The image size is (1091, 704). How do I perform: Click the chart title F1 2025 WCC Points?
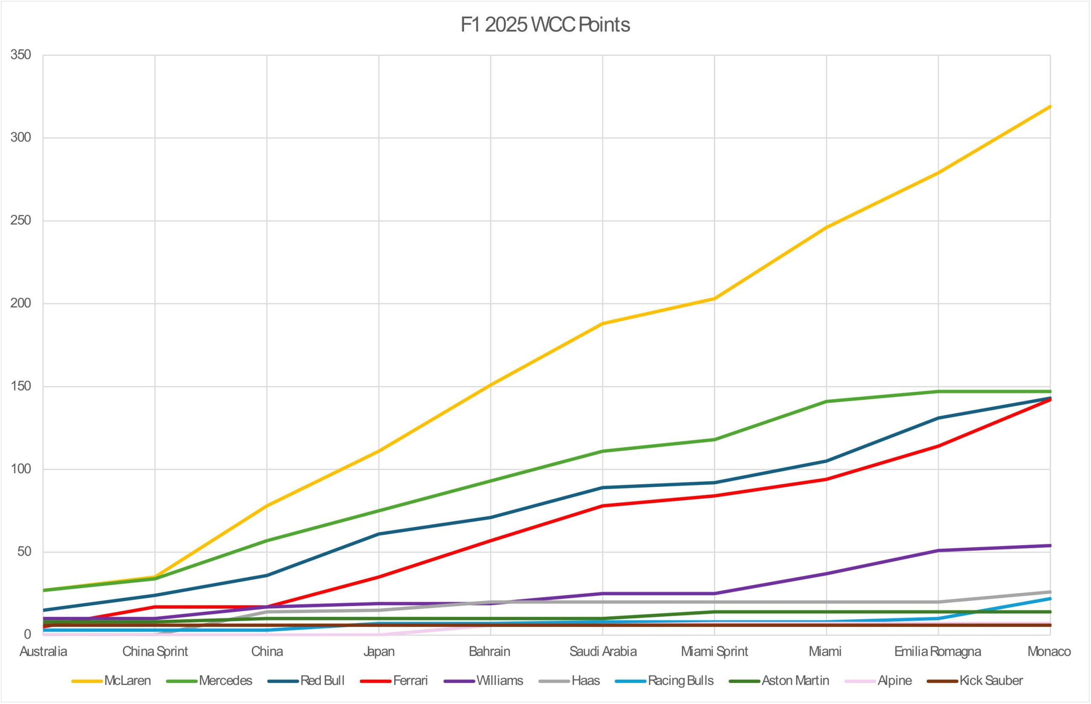click(x=545, y=25)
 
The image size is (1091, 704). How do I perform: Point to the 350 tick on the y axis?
click(x=20, y=55)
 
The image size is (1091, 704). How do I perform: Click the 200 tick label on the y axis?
click(x=20, y=304)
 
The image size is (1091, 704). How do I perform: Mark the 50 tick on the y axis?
click(x=24, y=552)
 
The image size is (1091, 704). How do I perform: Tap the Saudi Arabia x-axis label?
click(x=603, y=652)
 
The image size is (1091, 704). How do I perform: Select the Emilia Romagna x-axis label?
click(x=938, y=652)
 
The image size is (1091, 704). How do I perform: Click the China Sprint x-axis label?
click(x=155, y=652)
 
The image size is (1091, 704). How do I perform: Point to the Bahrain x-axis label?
click(x=490, y=652)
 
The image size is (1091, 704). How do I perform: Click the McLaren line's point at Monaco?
click(x=1050, y=106)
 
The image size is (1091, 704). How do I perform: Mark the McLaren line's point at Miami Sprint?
click(x=715, y=299)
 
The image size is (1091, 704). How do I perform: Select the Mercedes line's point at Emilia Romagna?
click(x=938, y=391)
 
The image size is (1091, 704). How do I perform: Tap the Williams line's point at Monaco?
click(x=1050, y=546)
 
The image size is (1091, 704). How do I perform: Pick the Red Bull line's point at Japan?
click(x=379, y=534)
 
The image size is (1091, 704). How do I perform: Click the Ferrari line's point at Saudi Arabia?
click(x=603, y=506)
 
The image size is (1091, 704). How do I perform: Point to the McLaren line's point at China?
click(x=267, y=506)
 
